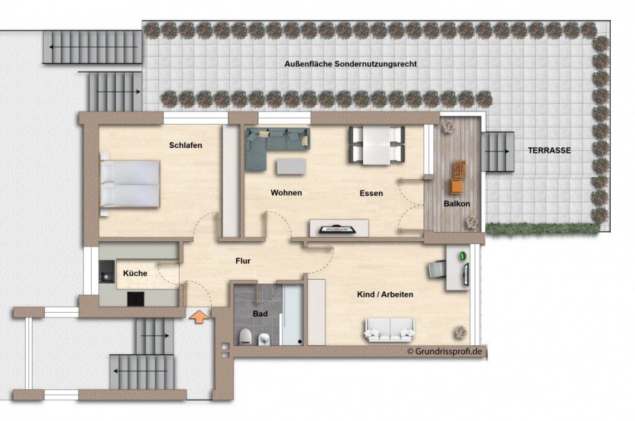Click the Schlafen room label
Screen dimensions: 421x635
186,145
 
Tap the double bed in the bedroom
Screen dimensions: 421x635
130,183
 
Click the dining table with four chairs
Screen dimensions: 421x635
376,145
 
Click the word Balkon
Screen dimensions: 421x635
456,204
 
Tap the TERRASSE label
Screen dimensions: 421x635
549,150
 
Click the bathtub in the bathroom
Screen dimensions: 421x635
292,314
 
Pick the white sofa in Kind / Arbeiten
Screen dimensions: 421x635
390,329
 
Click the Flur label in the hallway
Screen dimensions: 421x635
242,261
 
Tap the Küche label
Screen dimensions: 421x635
135,274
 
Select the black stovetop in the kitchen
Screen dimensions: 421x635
135,298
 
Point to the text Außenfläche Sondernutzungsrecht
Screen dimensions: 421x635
351,63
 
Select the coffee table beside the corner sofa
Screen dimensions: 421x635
292,166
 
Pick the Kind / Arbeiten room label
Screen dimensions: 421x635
385,294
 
